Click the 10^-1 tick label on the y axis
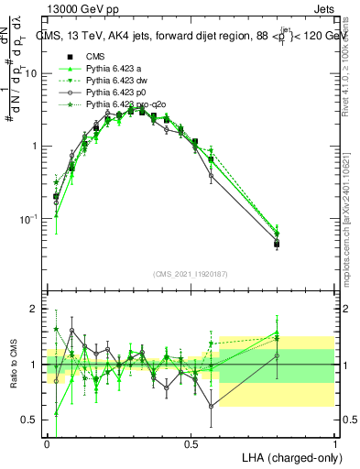click(30, 219)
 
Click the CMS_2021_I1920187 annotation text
click(191, 274)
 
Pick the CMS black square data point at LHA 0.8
click(277, 244)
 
